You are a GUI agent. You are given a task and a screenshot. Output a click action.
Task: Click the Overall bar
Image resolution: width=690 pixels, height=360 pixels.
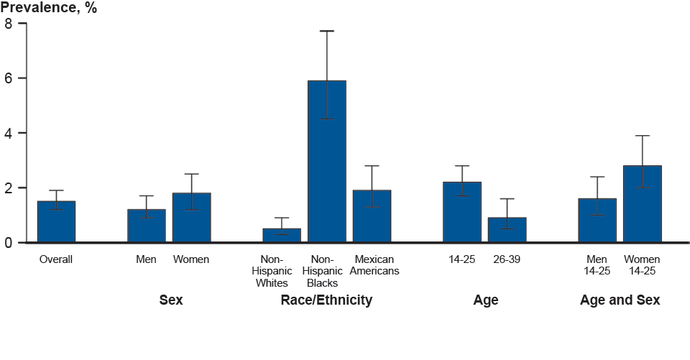(x=56, y=222)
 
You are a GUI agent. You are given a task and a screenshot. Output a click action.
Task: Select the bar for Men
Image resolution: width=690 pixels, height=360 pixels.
(x=146, y=226)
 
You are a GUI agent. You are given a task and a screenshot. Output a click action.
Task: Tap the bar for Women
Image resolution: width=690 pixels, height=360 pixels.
(x=191, y=218)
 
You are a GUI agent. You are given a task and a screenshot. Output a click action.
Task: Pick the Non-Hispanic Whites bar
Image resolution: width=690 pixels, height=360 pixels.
(x=282, y=236)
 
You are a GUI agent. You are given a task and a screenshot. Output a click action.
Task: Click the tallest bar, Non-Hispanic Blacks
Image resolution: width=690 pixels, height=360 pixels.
(x=327, y=162)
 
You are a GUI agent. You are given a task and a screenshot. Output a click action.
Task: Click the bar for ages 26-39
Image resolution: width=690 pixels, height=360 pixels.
(x=507, y=231)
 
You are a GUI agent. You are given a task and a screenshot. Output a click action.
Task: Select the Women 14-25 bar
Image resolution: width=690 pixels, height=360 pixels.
(x=642, y=205)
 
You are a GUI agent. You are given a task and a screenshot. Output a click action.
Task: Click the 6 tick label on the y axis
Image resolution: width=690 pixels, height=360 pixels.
(x=9, y=78)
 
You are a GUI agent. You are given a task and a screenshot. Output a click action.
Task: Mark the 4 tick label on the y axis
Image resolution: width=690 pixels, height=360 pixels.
(x=9, y=133)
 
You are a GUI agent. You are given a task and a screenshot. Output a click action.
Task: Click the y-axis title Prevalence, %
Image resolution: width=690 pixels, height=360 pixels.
(x=48, y=8)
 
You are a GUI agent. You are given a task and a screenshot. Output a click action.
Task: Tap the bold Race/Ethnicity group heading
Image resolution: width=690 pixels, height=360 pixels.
(x=326, y=300)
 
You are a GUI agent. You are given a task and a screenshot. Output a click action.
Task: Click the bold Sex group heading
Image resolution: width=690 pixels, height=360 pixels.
(x=170, y=300)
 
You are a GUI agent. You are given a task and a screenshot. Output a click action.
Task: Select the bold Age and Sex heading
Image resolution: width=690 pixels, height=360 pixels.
(x=620, y=300)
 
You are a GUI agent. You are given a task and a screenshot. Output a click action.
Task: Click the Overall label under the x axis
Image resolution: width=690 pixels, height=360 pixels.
(x=56, y=259)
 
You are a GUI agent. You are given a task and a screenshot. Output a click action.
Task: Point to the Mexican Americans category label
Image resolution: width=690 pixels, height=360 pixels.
(x=374, y=265)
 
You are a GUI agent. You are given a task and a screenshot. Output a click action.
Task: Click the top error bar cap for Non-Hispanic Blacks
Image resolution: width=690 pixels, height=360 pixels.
(x=327, y=31)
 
